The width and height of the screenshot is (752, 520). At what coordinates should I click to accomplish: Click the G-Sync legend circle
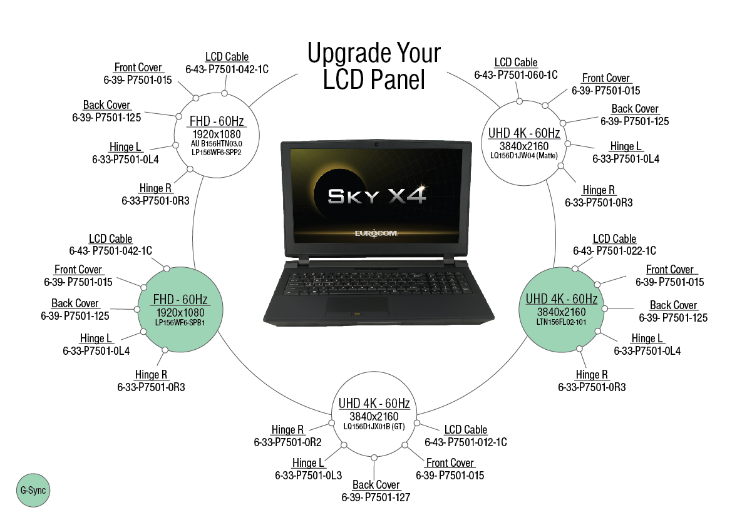pyautogui.click(x=33, y=491)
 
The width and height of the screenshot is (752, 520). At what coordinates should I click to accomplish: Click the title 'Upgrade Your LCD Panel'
pyautogui.click(x=374, y=66)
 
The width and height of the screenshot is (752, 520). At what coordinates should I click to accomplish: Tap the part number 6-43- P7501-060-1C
pyautogui.click(x=516, y=75)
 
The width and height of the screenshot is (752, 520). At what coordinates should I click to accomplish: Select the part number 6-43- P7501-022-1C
pyautogui.click(x=614, y=251)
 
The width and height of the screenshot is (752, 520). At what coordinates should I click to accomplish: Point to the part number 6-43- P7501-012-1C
pyautogui.click(x=465, y=442)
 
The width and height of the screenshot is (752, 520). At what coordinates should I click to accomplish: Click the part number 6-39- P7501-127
pyautogui.click(x=376, y=497)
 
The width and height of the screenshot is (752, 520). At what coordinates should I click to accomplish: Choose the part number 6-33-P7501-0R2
pyautogui.click(x=287, y=442)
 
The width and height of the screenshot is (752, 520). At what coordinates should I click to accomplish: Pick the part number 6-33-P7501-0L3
pyautogui.click(x=308, y=476)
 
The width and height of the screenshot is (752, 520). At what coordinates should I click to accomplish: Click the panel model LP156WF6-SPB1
pyautogui.click(x=180, y=323)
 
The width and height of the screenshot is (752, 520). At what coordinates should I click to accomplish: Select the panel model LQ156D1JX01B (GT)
pyautogui.click(x=374, y=426)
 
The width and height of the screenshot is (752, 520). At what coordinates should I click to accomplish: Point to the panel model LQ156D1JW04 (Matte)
pyautogui.click(x=523, y=156)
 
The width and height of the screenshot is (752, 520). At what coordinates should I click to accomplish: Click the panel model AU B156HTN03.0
pyautogui.click(x=216, y=144)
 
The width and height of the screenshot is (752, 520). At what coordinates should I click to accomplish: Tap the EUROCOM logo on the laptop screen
pyautogui.click(x=376, y=233)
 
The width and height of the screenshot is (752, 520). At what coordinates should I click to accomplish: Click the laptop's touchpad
pyautogui.click(x=356, y=304)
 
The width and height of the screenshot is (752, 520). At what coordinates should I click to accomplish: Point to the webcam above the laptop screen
pyautogui.click(x=376, y=145)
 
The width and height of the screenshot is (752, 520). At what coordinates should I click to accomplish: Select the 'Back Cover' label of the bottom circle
pyautogui.click(x=376, y=485)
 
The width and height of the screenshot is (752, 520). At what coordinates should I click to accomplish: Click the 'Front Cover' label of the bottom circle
pyautogui.click(x=450, y=463)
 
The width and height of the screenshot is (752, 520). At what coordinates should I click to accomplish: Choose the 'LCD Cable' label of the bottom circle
pyautogui.click(x=465, y=430)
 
